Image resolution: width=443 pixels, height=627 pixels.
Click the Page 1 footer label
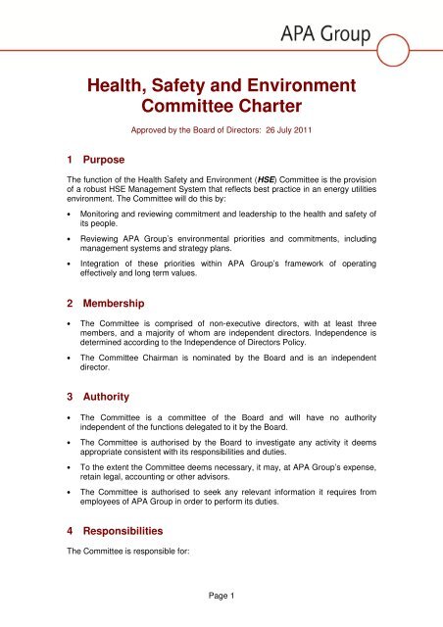[221, 593]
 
